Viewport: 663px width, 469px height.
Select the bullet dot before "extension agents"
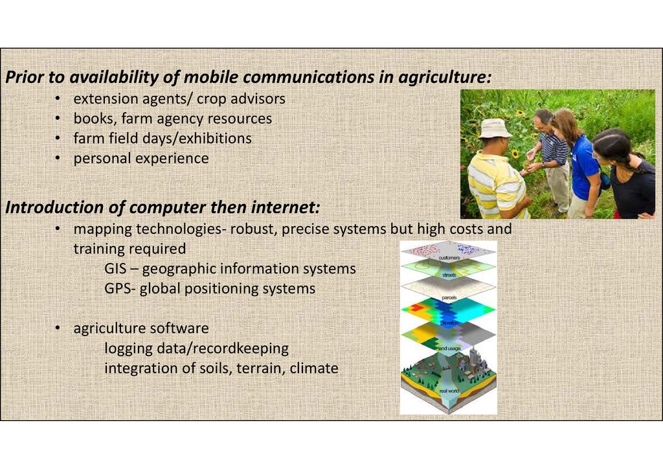point(58,99)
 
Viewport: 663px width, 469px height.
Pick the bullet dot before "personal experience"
point(58,159)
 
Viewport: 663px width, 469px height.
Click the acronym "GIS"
point(114,269)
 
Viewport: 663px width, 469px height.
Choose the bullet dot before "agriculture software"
point(58,328)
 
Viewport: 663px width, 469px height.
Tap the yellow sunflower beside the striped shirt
point(514,153)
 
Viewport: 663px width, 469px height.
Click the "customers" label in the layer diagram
point(449,258)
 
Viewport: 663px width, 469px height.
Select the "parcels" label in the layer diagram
point(449,298)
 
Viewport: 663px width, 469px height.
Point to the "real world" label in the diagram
point(449,391)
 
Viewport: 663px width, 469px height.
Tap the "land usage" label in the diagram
point(449,349)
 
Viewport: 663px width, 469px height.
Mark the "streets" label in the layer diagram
point(449,275)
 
